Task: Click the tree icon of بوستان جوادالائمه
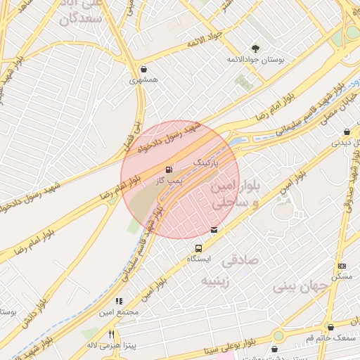[255, 49]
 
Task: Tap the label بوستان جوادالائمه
[255, 60]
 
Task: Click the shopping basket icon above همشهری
[144, 70]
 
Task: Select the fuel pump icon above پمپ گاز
[168, 169]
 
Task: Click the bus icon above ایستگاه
[199, 248]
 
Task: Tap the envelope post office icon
[214, 229]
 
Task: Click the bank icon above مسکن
[342, 266]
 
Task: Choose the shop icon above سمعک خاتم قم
[330, 327]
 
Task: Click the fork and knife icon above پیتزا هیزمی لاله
[111, 334]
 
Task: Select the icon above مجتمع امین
[119, 301]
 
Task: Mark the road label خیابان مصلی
[340, 110]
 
